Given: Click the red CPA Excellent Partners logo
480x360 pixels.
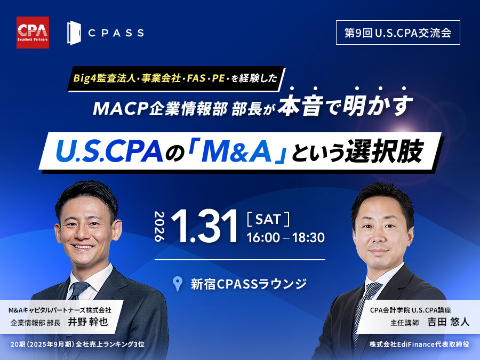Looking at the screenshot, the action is pos(33,33).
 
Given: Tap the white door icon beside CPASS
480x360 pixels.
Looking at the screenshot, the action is pos(74,33).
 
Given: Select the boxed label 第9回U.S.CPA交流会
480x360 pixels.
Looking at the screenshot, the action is pos(398,33).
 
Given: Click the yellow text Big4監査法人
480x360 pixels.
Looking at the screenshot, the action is pos(105,78).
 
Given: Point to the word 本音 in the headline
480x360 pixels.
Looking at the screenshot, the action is pos(300,105).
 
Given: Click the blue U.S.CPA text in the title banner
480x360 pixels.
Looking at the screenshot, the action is pos(109,151).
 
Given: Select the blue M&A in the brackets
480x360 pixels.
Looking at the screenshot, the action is pos(236,151).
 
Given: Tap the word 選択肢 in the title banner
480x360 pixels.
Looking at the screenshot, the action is pos(385,151).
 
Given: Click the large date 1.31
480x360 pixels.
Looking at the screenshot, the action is pos(204,226).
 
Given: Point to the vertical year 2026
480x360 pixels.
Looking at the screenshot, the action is pos(160,226).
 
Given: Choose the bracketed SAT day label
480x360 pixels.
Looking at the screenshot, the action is pos(268,219).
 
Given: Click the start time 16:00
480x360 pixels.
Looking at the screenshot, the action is pos(263,237).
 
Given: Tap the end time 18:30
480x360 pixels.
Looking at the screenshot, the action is pos(308,237).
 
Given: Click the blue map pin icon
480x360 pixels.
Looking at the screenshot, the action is pos(178,284).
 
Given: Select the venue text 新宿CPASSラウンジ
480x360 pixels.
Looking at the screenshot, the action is pos(249,284).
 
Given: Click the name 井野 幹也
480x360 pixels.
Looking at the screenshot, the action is pos(88,322).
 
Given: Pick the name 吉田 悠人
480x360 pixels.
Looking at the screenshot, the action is pos(449,322).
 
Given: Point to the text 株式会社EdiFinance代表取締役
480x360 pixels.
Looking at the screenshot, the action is pos(419,344).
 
